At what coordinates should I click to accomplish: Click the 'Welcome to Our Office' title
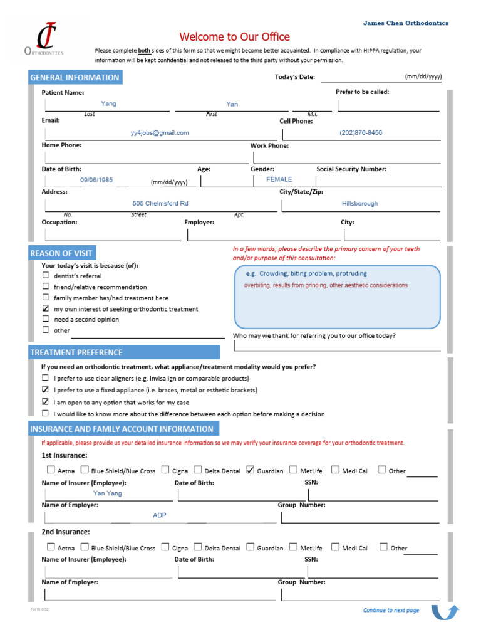click(235, 37)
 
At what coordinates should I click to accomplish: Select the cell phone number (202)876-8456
click(361, 133)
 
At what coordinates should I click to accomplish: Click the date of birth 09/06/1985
click(96, 180)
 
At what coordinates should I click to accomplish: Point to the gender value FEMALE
click(279, 179)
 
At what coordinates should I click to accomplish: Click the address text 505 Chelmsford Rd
click(160, 204)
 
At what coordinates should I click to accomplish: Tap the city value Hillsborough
click(359, 204)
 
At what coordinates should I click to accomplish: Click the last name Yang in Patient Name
click(109, 104)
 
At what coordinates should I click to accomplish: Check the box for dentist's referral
click(46, 275)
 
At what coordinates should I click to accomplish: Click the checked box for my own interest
click(46, 308)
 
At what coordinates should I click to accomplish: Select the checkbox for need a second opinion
click(46, 319)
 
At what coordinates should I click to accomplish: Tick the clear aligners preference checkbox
click(46, 378)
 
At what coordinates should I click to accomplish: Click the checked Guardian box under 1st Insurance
click(251, 470)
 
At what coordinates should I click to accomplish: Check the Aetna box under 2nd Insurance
click(51, 547)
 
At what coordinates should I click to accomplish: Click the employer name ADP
click(160, 515)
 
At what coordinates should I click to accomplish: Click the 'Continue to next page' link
click(391, 610)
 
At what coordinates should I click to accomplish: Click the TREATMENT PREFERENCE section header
click(76, 352)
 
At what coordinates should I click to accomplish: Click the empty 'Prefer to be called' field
click(388, 104)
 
